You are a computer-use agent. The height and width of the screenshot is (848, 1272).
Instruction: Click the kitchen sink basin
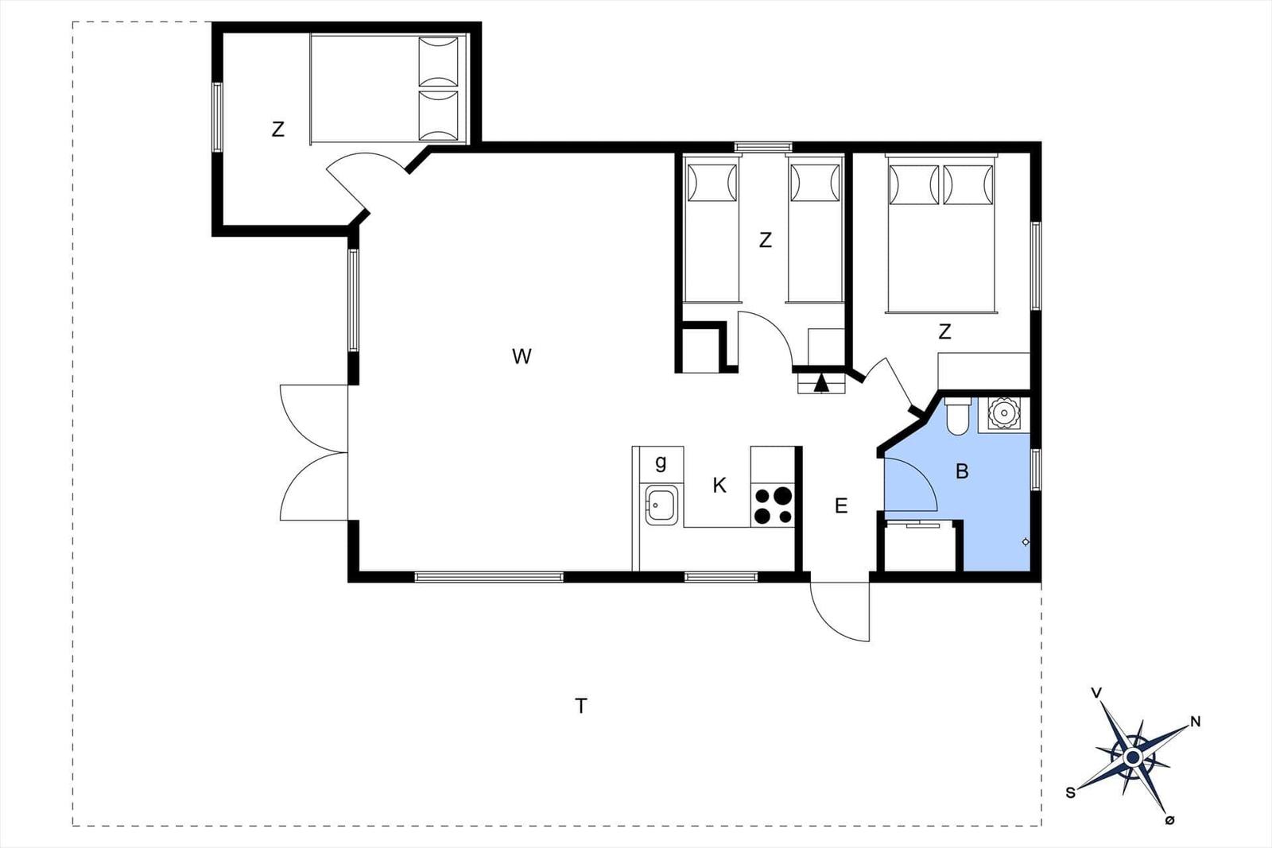click(x=661, y=505)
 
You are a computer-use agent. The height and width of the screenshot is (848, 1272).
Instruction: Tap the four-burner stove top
click(x=772, y=505)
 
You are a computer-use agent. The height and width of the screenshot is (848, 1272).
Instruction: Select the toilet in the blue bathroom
click(x=958, y=416)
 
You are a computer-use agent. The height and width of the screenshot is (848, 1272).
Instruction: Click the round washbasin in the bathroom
click(x=1004, y=412)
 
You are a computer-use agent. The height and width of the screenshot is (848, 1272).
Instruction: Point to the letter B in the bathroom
click(x=962, y=471)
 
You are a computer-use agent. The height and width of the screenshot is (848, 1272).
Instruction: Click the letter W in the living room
click(x=522, y=357)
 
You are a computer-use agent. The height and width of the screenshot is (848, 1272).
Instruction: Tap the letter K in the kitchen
click(x=719, y=486)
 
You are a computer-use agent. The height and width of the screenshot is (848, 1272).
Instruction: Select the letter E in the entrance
click(x=841, y=505)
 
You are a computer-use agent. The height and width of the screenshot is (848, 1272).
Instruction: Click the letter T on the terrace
click(x=580, y=706)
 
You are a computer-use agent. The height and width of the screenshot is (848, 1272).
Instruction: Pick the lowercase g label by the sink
click(x=661, y=463)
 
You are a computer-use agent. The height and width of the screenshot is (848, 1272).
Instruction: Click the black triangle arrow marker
click(x=821, y=384)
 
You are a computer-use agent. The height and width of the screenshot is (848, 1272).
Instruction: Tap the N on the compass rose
click(x=1196, y=722)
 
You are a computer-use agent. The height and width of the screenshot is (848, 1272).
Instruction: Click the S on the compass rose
click(x=1070, y=793)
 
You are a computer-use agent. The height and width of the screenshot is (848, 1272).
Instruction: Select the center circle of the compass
click(x=1133, y=757)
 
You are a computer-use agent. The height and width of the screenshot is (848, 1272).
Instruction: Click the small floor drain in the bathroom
click(x=1026, y=542)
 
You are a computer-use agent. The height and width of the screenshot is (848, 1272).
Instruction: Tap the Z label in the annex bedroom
click(x=277, y=130)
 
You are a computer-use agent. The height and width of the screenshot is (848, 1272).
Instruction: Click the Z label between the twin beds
click(x=766, y=240)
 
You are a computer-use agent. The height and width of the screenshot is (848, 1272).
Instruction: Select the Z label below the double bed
click(x=944, y=331)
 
